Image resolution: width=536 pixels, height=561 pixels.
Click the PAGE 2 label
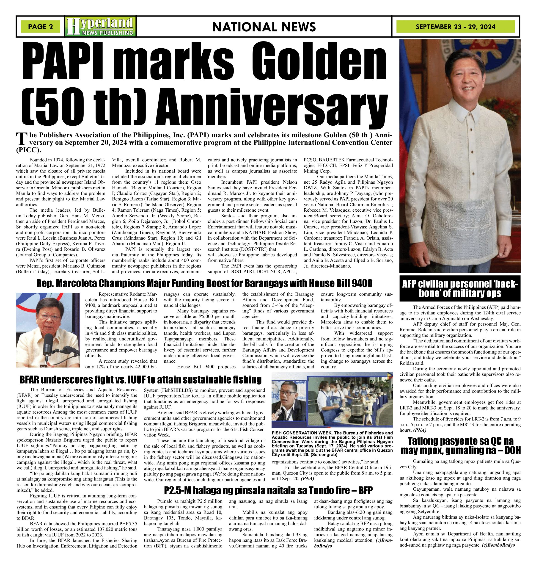(40, 27)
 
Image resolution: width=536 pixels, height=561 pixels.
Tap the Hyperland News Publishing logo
(100, 27)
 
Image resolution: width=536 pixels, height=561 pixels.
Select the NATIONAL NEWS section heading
(264, 27)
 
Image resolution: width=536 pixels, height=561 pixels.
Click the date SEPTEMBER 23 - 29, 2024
(455, 27)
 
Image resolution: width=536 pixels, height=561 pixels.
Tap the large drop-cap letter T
(22, 139)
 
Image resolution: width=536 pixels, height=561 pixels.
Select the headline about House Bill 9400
(204, 283)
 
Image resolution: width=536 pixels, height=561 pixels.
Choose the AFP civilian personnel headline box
(460, 288)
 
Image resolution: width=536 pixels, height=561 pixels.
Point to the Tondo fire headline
(268, 490)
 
